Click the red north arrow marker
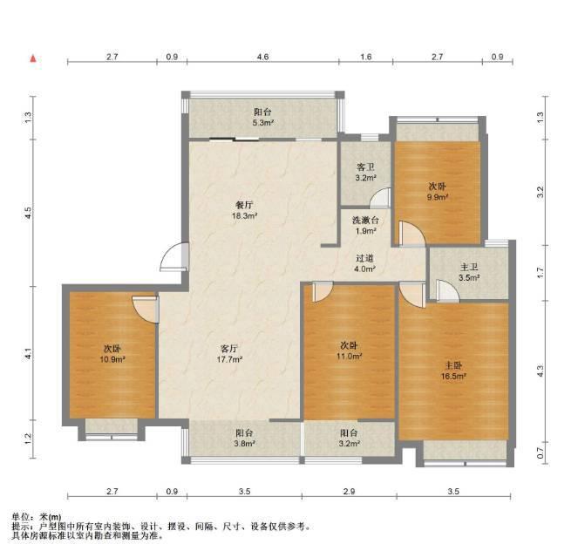tap(33, 58)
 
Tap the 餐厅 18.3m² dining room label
tap(244, 210)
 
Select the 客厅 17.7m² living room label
tap(229, 353)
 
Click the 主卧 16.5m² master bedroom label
tap(453, 371)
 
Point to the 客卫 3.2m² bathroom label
tap(365, 173)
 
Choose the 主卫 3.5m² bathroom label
tap(469, 272)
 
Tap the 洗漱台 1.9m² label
tap(365, 226)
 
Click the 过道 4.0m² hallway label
tap(364, 263)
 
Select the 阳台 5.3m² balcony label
tap(262, 117)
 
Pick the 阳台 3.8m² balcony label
tap(244, 439)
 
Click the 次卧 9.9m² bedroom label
tap(437, 191)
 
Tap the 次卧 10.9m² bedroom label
tap(112, 353)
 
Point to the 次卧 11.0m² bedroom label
tap(349, 350)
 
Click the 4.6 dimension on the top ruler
tap(262, 57)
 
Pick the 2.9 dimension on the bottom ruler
tap(349, 491)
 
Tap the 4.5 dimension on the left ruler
tap(28, 213)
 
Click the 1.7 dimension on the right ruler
tap(540, 273)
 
